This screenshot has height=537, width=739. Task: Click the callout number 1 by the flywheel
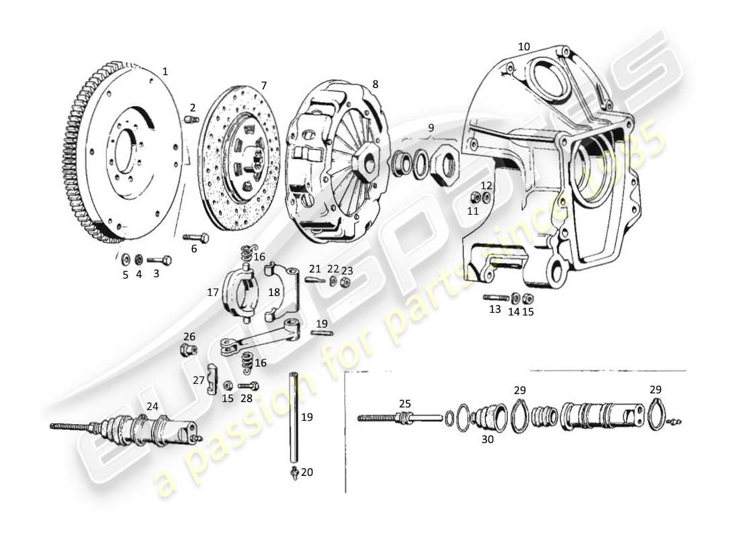coord(165,71)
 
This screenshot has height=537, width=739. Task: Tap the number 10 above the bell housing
coord(524,46)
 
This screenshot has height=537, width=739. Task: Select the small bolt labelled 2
coord(191,119)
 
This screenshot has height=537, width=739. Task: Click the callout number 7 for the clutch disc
coord(264,85)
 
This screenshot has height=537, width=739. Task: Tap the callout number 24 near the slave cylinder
coord(153,406)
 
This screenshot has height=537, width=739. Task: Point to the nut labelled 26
coord(188,350)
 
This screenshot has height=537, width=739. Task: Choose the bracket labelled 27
coord(212,380)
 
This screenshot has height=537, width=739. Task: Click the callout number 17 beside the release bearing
coord(213,293)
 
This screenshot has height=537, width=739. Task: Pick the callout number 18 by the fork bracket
coord(275,293)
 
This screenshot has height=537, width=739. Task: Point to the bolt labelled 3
coord(160,260)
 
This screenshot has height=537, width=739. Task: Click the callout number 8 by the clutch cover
coord(375,84)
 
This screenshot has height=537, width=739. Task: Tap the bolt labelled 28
coord(249,386)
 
